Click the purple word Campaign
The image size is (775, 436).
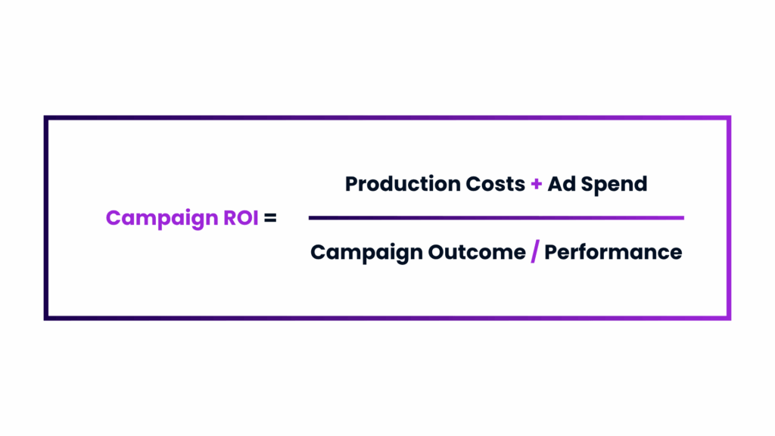(x=162, y=219)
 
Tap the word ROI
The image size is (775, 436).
(x=241, y=217)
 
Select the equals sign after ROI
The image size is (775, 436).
(x=270, y=218)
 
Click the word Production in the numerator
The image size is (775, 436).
(x=403, y=185)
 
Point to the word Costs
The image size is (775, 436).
(x=495, y=184)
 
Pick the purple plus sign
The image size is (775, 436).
(x=537, y=185)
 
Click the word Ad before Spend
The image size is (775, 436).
(x=562, y=184)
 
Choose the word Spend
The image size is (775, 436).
(x=614, y=185)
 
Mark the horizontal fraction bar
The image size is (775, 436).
(x=496, y=217)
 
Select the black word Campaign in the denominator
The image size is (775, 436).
(x=366, y=253)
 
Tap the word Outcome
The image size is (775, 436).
(x=477, y=252)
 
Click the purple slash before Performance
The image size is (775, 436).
(x=535, y=251)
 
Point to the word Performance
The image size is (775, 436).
(x=613, y=252)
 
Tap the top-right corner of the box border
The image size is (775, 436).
(x=729, y=118)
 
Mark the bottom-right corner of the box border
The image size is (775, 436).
(x=729, y=318)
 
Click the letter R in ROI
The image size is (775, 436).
(x=230, y=217)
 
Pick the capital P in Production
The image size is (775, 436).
(x=351, y=184)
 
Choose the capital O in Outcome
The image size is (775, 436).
(x=437, y=252)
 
